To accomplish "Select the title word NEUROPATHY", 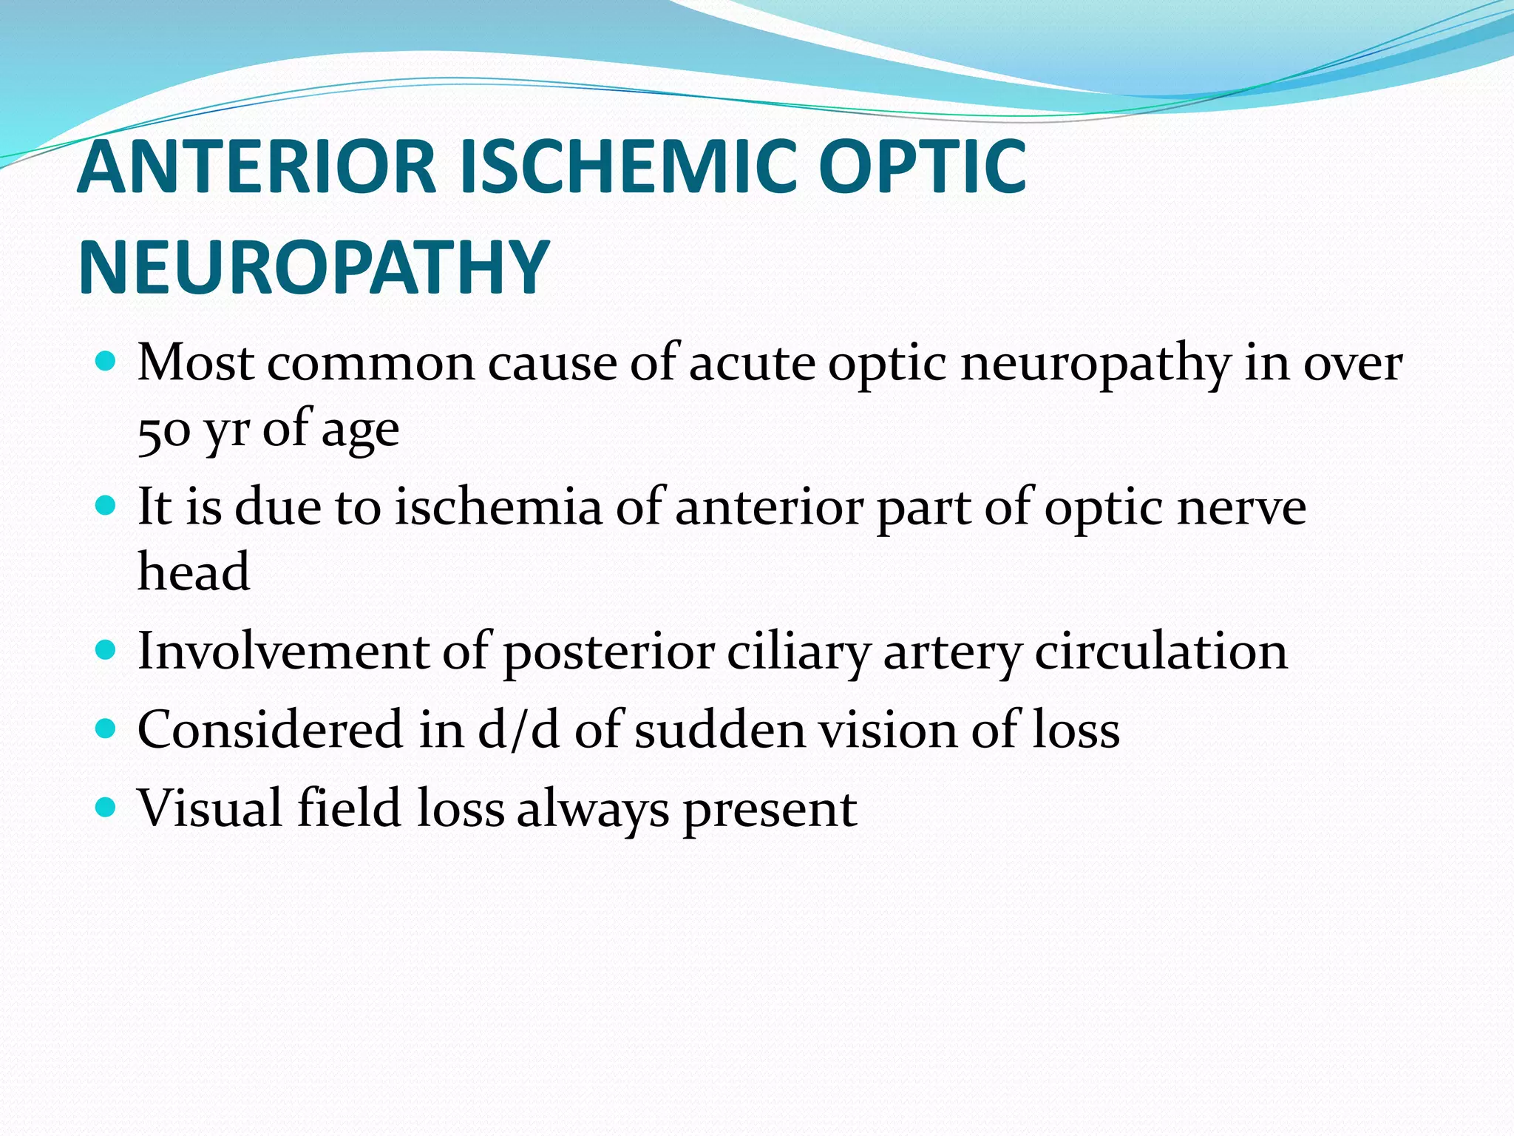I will [x=313, y=268].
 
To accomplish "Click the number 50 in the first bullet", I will [x=164, y=430].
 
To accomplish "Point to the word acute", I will [x=752, y=364].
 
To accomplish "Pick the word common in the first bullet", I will [x=370, y=364].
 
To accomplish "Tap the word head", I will [x=194, y=572].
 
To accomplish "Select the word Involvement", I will [x=283, y=652].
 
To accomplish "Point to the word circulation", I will [x=1161, y=652].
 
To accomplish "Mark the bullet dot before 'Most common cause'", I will [x=106, y=362].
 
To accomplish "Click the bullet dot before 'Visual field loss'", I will [x=106, y=806].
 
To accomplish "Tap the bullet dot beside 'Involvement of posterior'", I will [x=106, y=650].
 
